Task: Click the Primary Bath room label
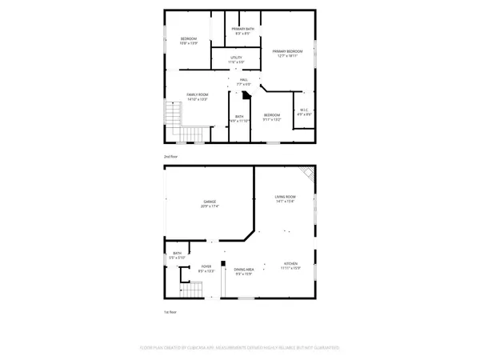click(x=242, y=31)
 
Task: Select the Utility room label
click(x=237, y=60)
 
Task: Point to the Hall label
click(x=243, y=81)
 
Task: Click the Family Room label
click(x=198, y=97)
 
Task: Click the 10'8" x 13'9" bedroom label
click(x=189, y=40)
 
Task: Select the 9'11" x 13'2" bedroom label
click(x=272, y=117)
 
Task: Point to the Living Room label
click(x=285, y=198)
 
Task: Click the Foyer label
click(x=206, y=269)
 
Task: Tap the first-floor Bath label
click(x=177, y=257)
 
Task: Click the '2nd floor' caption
click(x=170, y=156)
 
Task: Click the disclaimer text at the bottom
click(x=240, y=348)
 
